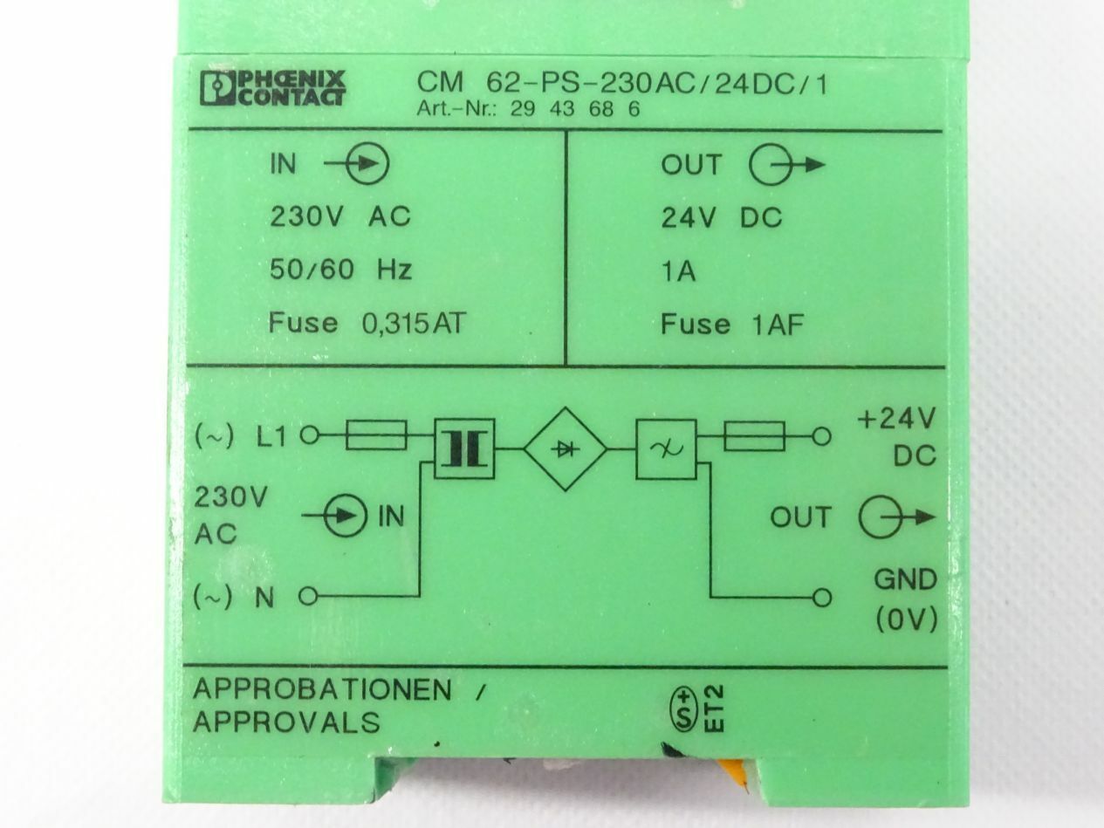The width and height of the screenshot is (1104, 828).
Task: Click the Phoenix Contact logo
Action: [x=272, y=88]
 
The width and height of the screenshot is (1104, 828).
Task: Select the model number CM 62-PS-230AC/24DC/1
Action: [x=622, y=84]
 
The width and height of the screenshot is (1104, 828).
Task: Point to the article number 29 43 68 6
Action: [x=575, y=109]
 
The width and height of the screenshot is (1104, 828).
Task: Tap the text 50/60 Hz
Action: [x=340, y=270]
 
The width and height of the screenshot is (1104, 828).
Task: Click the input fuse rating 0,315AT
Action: [x=414, y=323]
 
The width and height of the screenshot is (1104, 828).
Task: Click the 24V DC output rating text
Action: [x=721, y=217]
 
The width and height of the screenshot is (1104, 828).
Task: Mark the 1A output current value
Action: [x=678, y=271]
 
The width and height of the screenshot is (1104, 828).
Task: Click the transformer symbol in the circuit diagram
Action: [x=463, y=448]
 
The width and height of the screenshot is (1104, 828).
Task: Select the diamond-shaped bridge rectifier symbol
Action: [x=566, y=449]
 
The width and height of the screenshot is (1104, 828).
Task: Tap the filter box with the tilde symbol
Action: [x=667, y=449]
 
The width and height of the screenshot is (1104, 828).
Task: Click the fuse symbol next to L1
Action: [x=376, y=435]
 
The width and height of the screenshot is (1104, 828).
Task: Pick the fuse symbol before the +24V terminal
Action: [x=754, y=436]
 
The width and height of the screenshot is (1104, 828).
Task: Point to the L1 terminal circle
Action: [x=310, y=435]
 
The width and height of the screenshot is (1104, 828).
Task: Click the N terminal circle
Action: [x=308, y=597]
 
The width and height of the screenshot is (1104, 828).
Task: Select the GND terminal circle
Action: [x=821, y=598]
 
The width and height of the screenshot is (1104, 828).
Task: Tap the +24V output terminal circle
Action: [x=821, y=436]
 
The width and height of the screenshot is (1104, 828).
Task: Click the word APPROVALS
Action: [x=286, y=722]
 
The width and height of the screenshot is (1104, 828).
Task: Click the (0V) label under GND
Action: [x=907, y=619]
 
